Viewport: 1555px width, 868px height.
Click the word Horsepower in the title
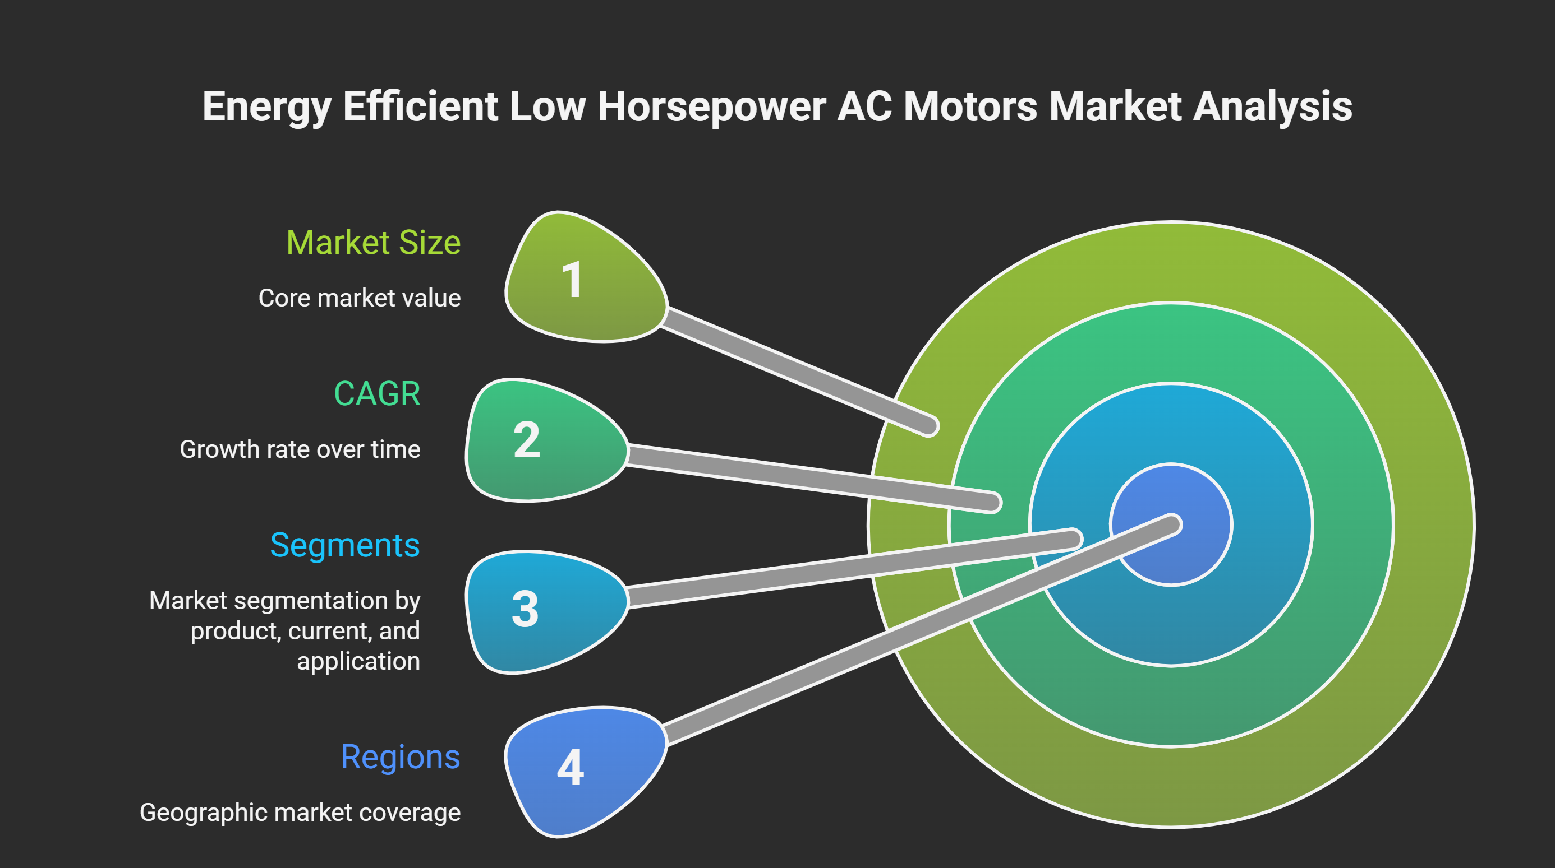click(x=711, y=107)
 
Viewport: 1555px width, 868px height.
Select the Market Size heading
click(x=374, y=243)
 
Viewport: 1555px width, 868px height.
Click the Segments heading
click(x=344, y=546)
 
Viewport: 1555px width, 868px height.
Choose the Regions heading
click(x=400, y=758)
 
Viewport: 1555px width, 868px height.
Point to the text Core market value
click(x=360, y=298)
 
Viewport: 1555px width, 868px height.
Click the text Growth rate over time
click(x=300, y=449)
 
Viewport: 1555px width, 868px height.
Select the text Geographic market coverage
click(x=300, y=813)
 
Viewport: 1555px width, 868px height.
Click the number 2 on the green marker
click(x=526, y=440)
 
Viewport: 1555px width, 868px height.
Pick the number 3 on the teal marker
click(x=525, y=609)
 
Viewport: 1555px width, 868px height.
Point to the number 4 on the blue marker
click(x=571, y=768)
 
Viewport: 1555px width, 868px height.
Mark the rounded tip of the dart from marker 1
click(x=930, y=426)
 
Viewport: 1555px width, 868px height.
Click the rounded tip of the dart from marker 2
click(x=992, y=503)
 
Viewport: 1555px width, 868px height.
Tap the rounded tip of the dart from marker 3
click(x=1073, y=539)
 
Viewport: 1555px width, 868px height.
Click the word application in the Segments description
click(x=358, y=662)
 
